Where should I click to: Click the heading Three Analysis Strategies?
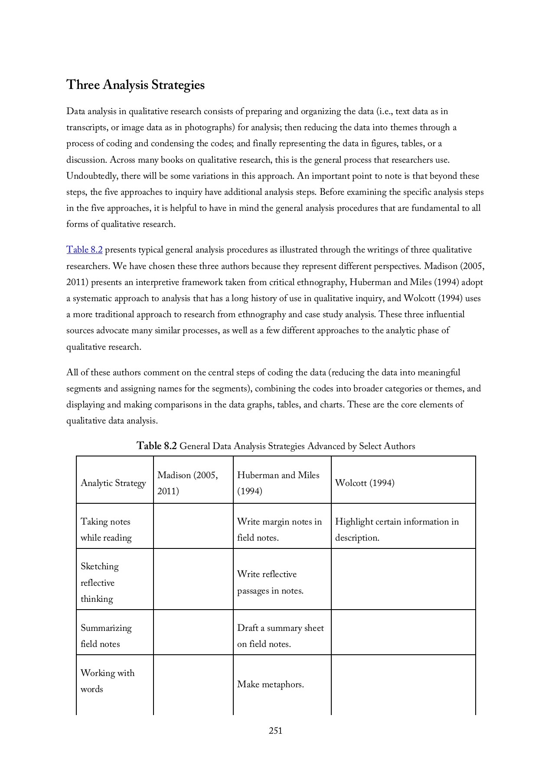click(135, 85)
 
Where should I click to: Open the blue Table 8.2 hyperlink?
click(84, 250)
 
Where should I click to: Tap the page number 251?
click(275, 731)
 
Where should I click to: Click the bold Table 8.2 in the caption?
click(157, 446)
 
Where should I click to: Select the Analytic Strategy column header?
click(113, 483)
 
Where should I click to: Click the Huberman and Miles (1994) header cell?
click(278, 483)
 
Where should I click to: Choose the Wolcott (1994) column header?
click(365, 483)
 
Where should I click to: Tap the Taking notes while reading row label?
click(106, 529)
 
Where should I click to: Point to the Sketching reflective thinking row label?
click(99, 582)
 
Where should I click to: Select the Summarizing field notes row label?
click(106, 636)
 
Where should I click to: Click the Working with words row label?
click(107, 681)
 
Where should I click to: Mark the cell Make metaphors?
click(270, 685)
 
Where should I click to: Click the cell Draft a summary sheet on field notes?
click(280, 636)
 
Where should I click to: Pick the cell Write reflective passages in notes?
click(270, 582)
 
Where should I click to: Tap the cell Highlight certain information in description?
click(396, 529)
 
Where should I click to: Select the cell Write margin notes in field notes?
click(279, 529)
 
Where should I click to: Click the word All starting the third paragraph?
click(72, 373)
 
